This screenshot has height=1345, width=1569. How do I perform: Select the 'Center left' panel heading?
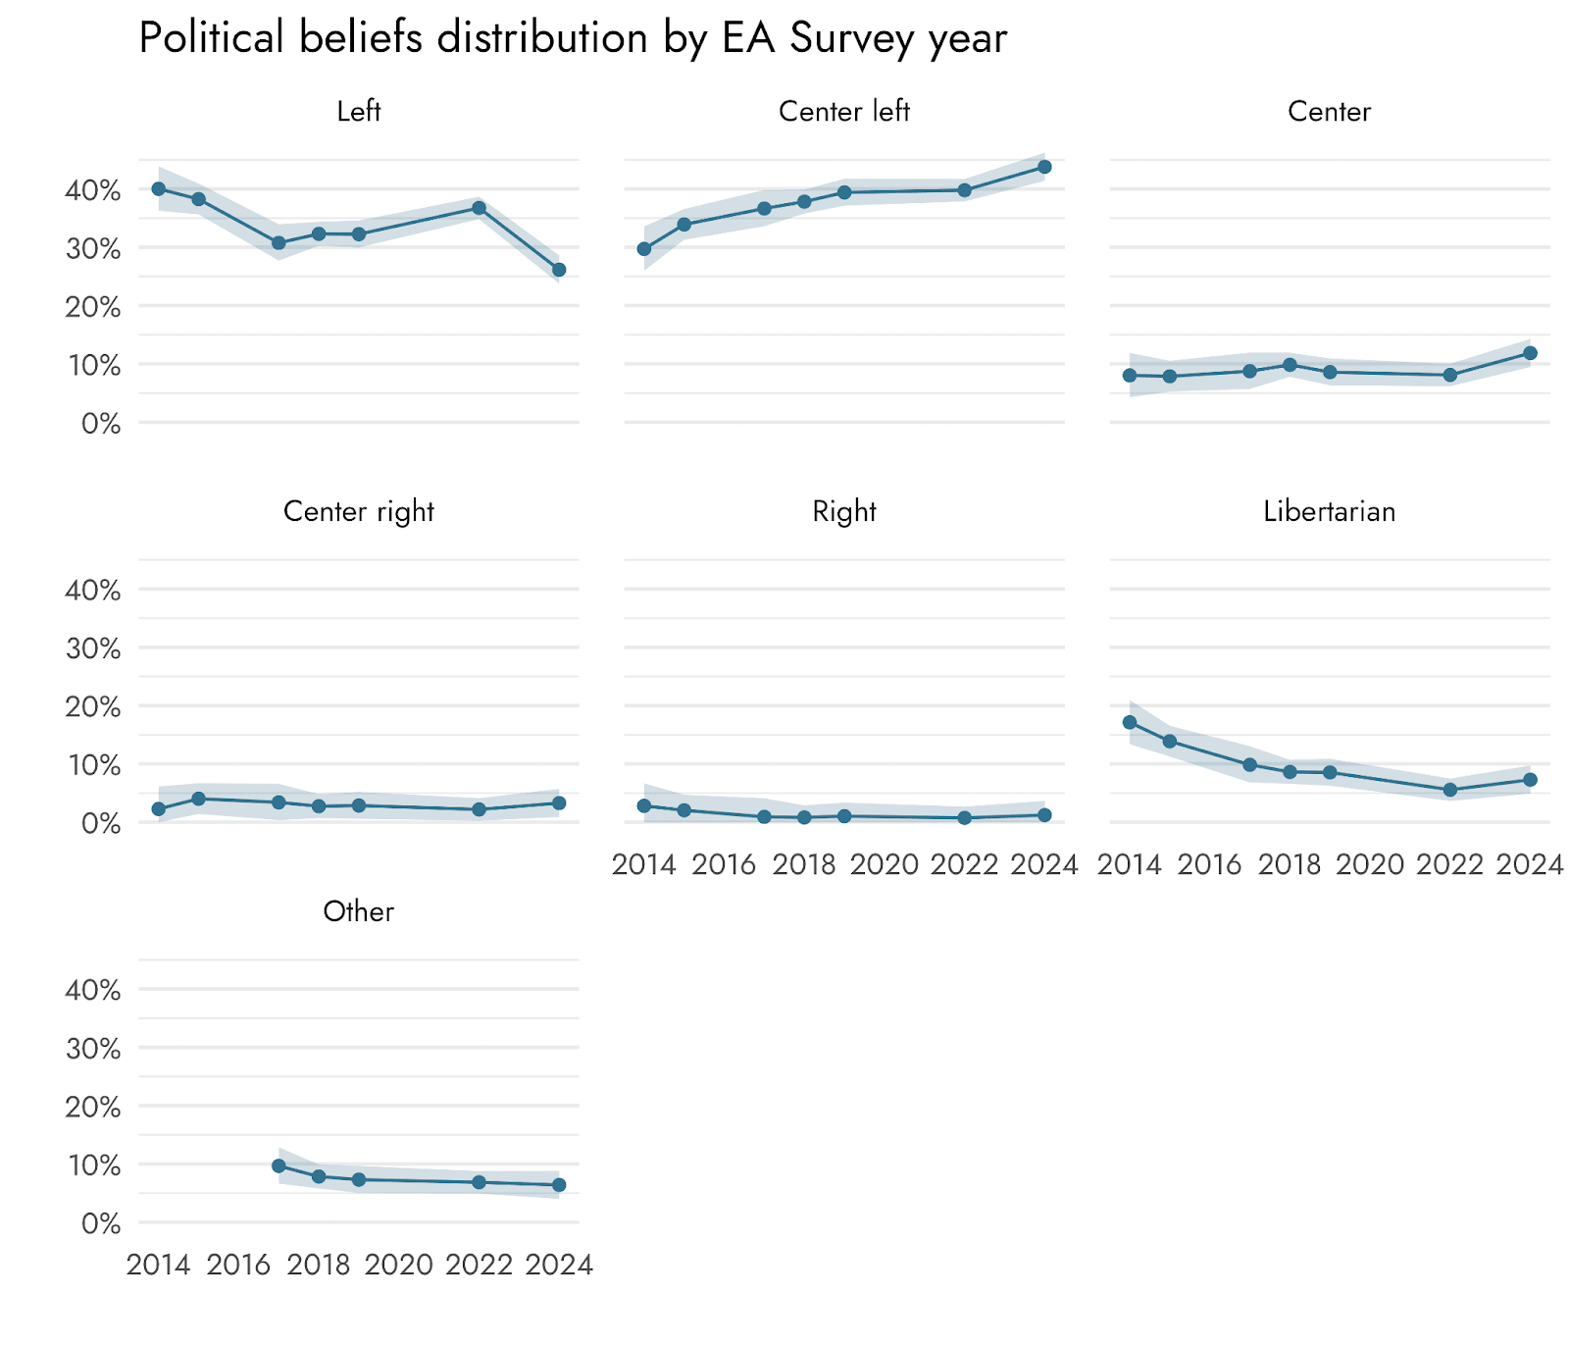pos(843,112)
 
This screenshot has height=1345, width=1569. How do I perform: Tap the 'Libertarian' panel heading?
pos(1329,511)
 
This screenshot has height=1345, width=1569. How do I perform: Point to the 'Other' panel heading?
pos(358,911)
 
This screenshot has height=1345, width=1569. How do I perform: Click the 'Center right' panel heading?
pos(358,511)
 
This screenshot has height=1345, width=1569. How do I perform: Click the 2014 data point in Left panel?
pos(159,188)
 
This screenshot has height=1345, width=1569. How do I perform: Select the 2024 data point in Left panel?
pos(559,270)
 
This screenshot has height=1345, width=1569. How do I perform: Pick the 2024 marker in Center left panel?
pos(1044,167)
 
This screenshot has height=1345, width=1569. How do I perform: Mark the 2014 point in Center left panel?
pos(644,249)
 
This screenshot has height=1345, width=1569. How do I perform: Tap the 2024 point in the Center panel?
pos(1530,353)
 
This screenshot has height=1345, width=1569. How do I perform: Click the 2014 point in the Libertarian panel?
pos(1130,722)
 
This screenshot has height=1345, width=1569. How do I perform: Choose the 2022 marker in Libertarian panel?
pos(1450,790)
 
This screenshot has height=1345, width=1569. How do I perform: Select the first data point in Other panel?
pos(278,1165)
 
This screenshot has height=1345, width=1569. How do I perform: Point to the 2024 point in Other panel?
pos(559,1185)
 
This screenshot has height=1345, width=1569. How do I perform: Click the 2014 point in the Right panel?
pos(644,805)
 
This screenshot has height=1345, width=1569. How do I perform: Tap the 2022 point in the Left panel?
pos(479,208)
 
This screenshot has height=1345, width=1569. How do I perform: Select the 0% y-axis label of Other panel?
pos(101,1223)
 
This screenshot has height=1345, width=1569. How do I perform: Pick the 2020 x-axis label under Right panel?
pos(884,864)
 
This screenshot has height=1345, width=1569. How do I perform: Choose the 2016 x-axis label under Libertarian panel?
pos(1210,864)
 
